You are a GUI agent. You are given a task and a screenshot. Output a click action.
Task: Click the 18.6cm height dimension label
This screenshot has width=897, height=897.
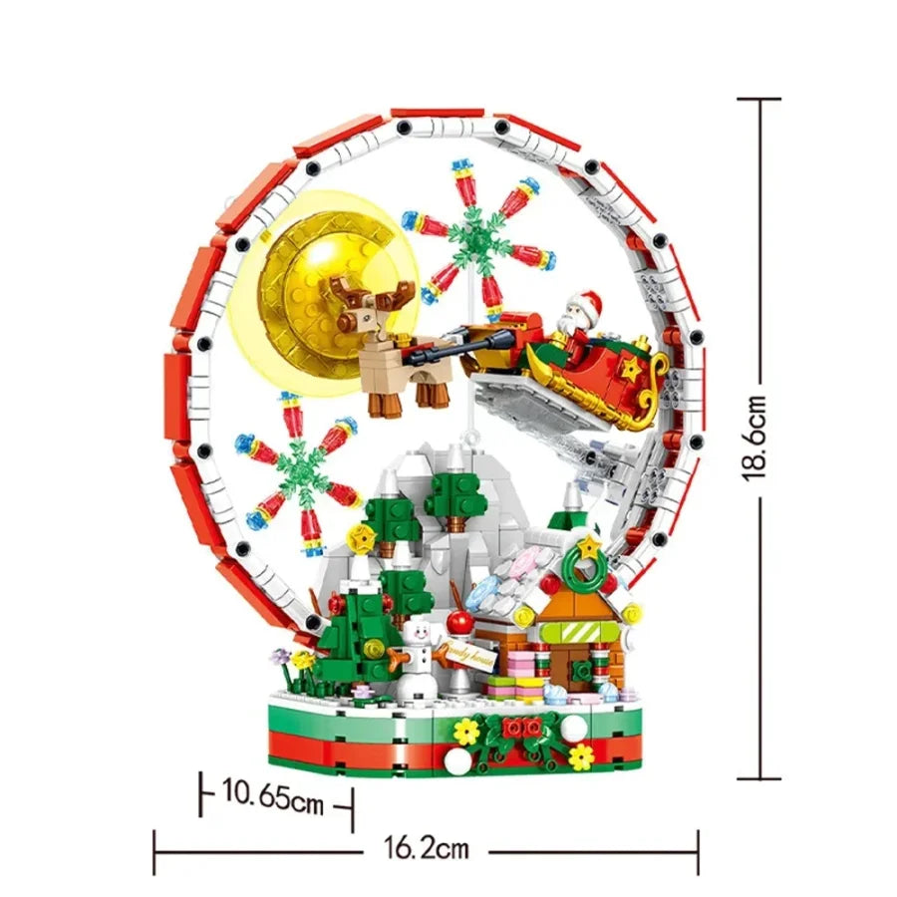pyautogui.click(x=758, y=438)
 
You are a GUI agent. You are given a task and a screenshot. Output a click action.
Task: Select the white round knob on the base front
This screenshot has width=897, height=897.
pyautogui.click(x=455, y=762)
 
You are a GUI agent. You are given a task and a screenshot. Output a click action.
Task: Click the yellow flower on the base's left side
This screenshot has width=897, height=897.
pyautogui.click(x=464, y=732)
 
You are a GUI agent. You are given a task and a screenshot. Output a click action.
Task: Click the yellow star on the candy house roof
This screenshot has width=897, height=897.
pyautogui.click(x=590, y=545)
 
